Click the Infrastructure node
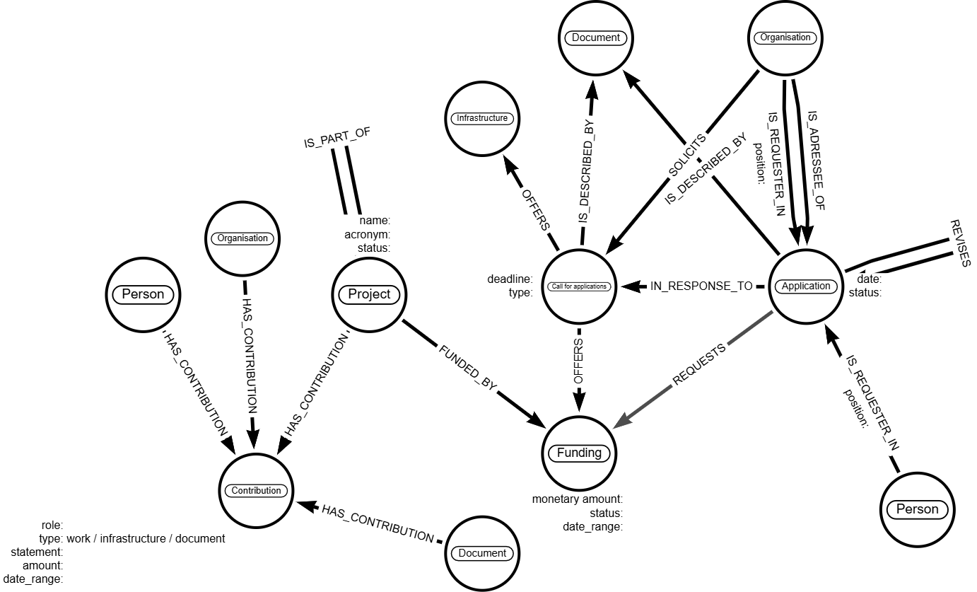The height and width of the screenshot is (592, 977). pos(481,118)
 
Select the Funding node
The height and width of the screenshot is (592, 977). pos(579,453)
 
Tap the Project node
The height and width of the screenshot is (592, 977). pos(369,294)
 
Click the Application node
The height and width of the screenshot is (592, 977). pos(805,286)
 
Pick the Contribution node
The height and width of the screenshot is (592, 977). pos(257,490)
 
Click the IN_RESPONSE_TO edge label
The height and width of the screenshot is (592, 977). pos(701,286)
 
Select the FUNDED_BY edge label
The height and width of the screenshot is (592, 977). pos(468,368)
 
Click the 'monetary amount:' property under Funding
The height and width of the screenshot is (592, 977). pos(577,499)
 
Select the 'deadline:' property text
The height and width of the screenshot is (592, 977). pos(510,279)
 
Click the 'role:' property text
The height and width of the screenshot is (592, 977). pos(52,525)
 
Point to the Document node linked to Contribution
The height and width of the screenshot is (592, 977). pos(482,553)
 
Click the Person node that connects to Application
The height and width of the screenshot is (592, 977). pos(917,509)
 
